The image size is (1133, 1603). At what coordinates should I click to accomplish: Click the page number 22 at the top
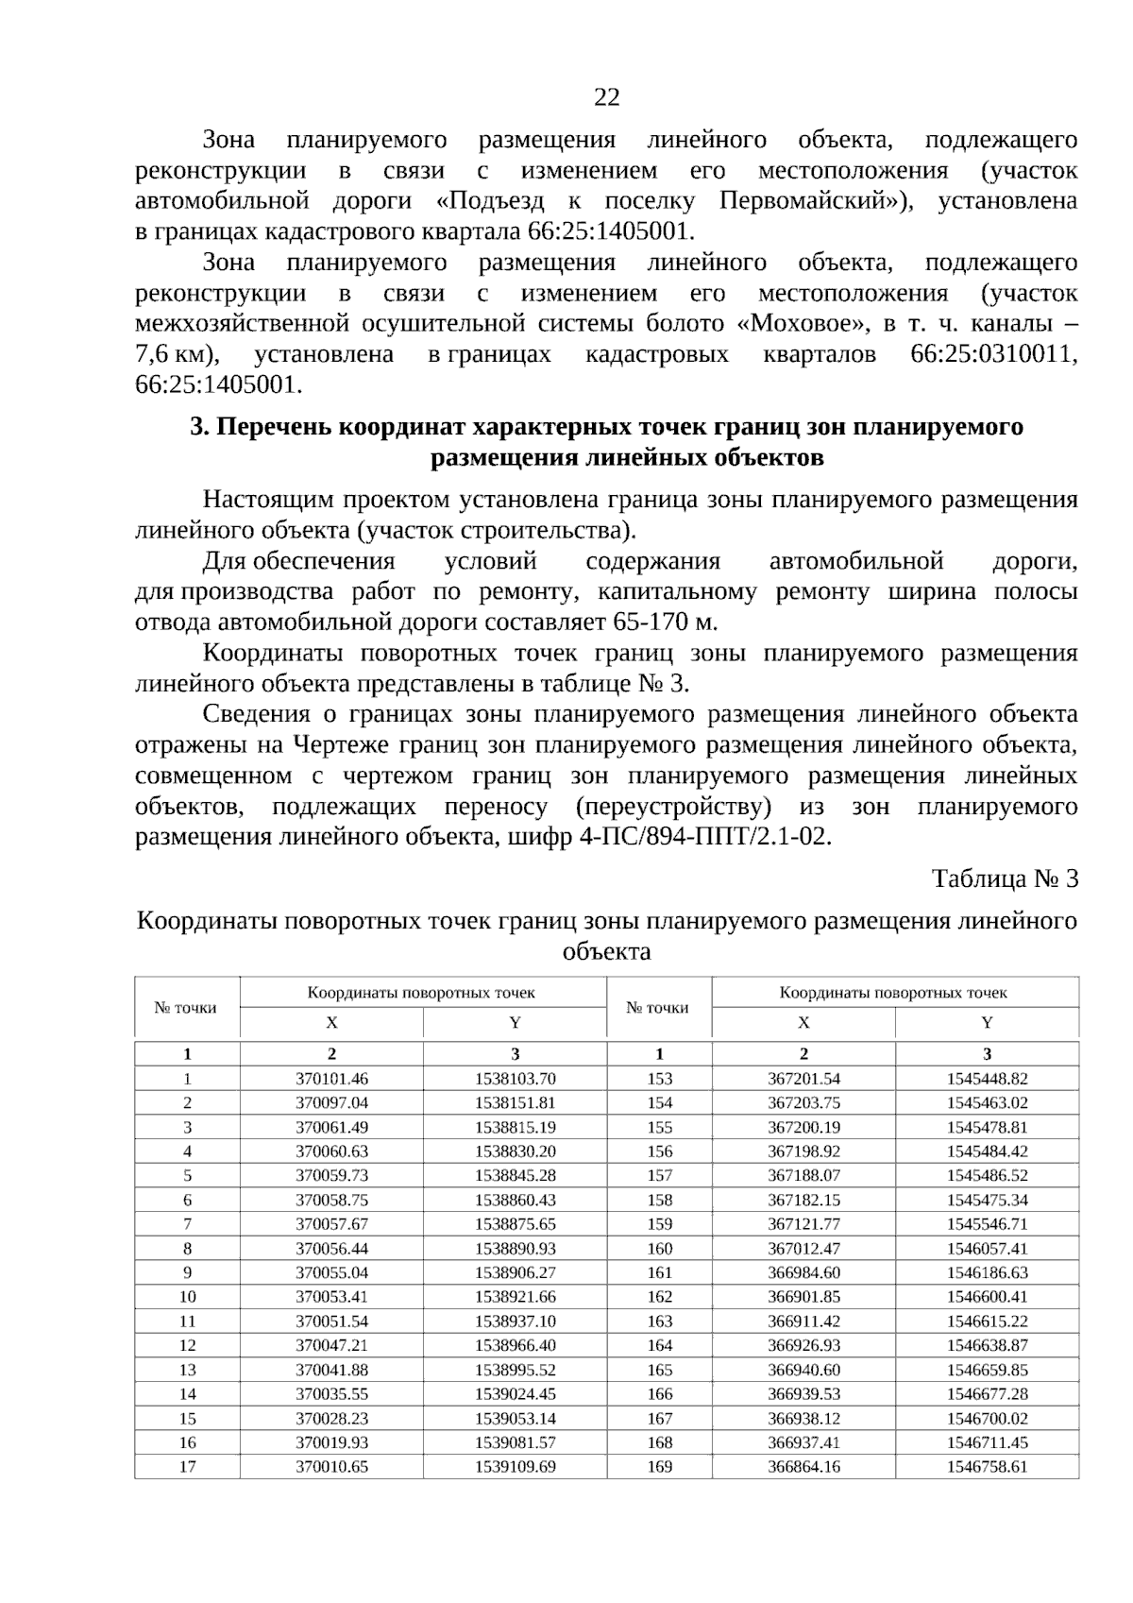607,97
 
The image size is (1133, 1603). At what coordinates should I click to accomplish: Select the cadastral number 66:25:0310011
992,355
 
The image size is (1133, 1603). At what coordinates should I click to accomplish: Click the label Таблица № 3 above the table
1005,878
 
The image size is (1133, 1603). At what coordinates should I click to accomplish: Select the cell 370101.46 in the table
331,1079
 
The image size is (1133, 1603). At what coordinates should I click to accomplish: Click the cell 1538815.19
516,1127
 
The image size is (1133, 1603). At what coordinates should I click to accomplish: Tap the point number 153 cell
659,1079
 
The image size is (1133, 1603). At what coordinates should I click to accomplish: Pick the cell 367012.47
803,1248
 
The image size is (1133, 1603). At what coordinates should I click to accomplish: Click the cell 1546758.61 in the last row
987,1466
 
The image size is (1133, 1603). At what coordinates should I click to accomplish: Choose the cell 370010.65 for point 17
331,1466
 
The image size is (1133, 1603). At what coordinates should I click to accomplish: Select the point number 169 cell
659,1466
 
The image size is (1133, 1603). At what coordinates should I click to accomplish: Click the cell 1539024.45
516,1393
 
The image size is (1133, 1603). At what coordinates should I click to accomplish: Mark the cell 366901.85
803,1296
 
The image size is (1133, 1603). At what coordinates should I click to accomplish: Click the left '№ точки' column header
186,1008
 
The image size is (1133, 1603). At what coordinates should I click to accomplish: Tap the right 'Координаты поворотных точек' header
893,993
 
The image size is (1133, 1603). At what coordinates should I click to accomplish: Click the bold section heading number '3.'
199,427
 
